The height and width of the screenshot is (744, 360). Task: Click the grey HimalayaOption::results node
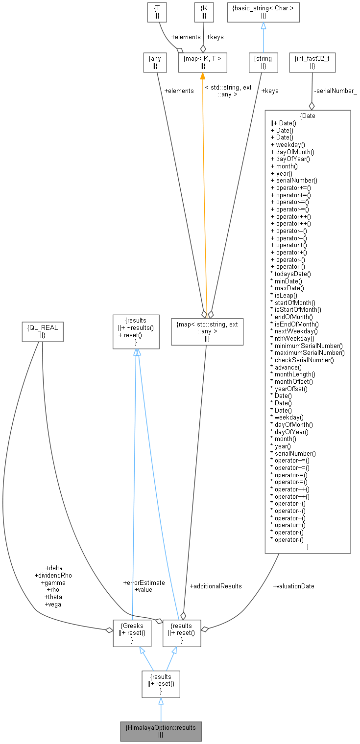point(161,731)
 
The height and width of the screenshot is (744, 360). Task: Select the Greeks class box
point(132,632)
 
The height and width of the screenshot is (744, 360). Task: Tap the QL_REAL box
point(43,331)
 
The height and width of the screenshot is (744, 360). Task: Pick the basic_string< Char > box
point(263,12)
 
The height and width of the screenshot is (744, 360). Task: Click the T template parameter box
point(157,12)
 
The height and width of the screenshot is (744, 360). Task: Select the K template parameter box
point(204,12)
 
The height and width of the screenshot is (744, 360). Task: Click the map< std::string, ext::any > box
point(207,331)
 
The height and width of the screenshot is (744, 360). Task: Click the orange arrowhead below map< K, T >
point(202,76)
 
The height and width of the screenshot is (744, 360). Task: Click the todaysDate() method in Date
point(293,274)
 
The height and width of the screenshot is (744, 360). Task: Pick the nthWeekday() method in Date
point(294,338)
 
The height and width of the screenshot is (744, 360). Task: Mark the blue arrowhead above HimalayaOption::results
point(161,701)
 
